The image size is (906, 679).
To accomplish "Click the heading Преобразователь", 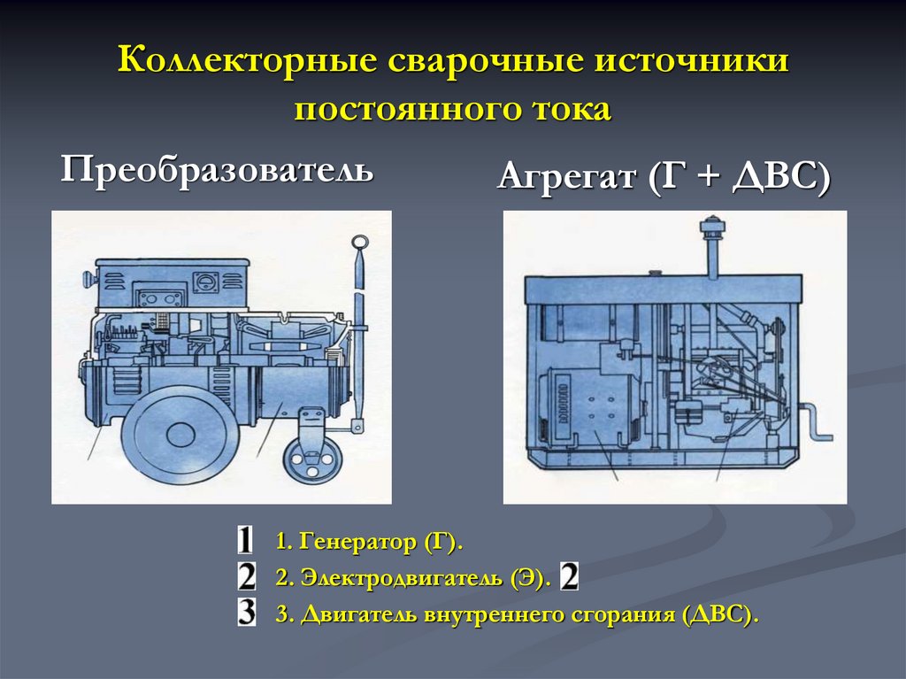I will click(x=217, y=168).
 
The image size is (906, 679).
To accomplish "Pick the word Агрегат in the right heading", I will click(x=566, y=176).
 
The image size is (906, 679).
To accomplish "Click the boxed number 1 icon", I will click(x=246, y=542).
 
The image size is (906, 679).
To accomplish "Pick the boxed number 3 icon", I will click(x=247, y=613).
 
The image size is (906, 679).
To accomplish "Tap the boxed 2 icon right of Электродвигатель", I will click(x=569, y=578).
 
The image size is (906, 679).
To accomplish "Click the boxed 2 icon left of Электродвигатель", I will click(x=247, y=578).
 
